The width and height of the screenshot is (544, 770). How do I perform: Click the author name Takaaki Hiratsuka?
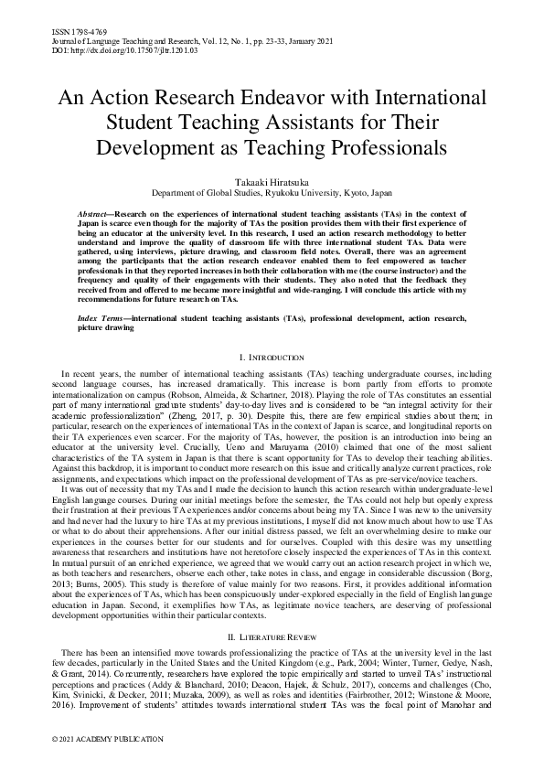[272, 183]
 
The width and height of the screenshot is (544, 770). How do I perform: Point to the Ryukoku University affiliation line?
[272, 194]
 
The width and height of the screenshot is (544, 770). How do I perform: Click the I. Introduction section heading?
[272, 357]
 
